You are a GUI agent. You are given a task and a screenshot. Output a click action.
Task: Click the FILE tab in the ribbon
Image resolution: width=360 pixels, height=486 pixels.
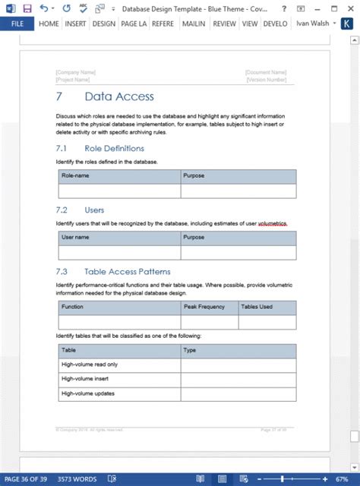tap(17, 24)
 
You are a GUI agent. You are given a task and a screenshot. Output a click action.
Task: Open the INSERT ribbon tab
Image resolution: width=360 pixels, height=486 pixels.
tap(76, 24)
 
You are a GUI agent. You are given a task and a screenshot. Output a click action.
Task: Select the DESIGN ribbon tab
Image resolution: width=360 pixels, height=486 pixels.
tap(104, 24)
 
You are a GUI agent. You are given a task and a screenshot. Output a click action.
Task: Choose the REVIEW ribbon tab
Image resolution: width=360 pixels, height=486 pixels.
tap(224, 24)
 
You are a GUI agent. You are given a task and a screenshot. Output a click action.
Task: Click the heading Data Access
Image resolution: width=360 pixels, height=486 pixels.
tap(118, 96)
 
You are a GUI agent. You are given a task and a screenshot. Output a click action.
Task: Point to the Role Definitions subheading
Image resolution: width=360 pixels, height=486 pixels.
tap(114, 148)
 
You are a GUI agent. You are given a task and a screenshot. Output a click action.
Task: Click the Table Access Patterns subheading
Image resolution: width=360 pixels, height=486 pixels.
tap(127, 271)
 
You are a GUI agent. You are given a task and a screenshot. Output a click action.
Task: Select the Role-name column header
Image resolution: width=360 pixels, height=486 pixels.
tap(75, 175)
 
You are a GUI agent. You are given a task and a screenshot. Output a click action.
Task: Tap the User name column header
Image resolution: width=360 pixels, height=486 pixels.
tap(75, 237)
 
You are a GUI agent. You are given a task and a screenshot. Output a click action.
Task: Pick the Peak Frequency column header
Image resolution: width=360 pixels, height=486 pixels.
tap(204, 307)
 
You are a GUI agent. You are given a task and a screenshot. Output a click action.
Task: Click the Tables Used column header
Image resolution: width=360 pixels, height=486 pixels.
tap(257, 307)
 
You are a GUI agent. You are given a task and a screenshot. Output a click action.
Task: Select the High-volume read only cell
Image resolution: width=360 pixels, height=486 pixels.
tap(90, 364)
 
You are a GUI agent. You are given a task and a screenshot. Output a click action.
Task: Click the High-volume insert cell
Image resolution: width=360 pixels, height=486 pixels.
tap(84, 379)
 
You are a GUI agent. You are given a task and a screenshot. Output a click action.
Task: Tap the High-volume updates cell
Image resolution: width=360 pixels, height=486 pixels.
tap(87, 393)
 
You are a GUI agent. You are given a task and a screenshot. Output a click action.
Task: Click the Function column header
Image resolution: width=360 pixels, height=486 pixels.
tap(73, 307)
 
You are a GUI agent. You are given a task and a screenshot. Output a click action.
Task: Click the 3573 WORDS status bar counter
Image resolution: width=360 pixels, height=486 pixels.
tap(77, 480)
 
